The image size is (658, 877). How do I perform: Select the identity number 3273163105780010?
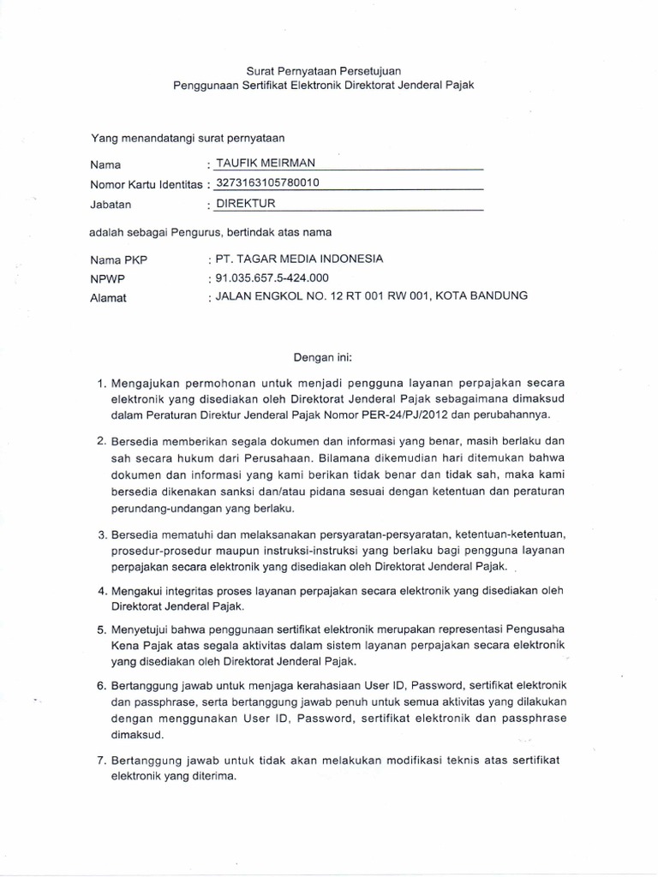pos(267,182)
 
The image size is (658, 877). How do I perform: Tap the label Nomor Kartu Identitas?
pos(147,184)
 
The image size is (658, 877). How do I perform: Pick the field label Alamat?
pos(109,297)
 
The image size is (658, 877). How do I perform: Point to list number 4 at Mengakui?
pos(101,591)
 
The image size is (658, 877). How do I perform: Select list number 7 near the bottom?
pos(101,761)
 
